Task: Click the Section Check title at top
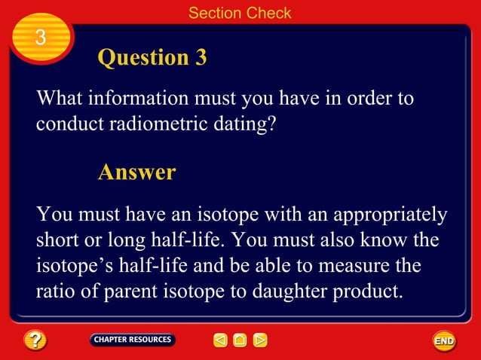pyautogui.click(x=240, y=13)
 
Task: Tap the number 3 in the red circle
pyautogui.click(x=41, y=37)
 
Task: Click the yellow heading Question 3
pyautogui.click(x=152, y=57)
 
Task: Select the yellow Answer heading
pyautogui.click(x=136, y=172)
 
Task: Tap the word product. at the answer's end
pyautogui.click(x=366, y=291)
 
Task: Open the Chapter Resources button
pyautogui.click(x=133, y=340)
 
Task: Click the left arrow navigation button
pyautogui.click(x=220, y=340)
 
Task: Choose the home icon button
pyautogui.click(x=240, y=340)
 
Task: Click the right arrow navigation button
pyautogui.click(x=259, y=340)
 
